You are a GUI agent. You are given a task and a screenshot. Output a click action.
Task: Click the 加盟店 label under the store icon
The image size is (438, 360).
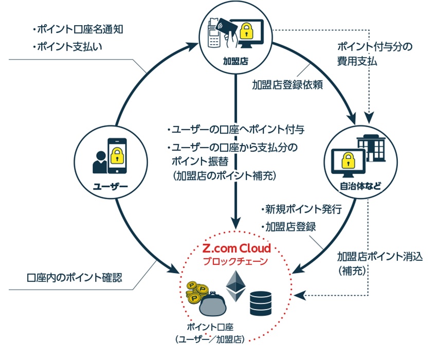235,61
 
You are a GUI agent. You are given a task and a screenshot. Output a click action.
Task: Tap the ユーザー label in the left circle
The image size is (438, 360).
111,186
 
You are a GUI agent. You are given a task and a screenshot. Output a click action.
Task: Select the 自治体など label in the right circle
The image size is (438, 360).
360,186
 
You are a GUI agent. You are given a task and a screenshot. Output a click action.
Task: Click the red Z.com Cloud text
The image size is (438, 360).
236,249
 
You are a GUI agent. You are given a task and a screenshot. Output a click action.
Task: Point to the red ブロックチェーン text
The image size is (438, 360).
235,261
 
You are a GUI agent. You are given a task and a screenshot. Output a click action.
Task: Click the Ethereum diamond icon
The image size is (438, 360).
235,286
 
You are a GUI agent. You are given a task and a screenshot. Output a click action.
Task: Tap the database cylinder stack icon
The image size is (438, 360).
261,304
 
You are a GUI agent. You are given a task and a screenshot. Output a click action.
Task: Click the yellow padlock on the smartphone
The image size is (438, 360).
117,156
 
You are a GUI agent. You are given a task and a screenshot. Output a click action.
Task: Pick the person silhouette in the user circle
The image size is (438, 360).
100,162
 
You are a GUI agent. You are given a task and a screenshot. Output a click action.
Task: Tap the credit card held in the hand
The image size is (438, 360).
226,27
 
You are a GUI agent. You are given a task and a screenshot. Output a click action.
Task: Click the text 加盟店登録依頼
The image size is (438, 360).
287,85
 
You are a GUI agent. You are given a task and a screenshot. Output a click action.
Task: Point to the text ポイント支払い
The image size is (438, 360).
67,46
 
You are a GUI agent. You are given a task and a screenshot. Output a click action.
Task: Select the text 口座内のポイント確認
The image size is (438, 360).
75,277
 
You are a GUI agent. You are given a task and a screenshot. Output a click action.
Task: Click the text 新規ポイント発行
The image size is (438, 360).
302,209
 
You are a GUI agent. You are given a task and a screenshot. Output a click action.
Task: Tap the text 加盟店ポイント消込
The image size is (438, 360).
379,256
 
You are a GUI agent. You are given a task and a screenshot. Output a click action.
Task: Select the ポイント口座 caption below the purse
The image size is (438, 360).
210,327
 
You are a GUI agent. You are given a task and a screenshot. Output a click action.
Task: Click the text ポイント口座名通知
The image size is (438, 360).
78,29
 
